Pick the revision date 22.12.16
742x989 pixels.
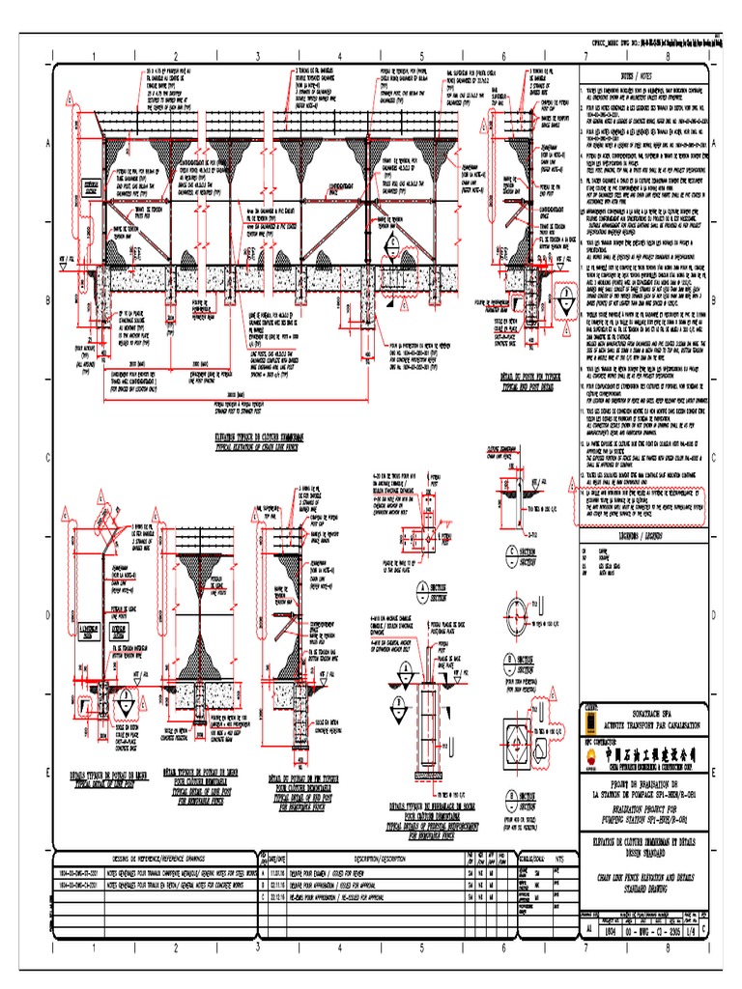coord(282,893)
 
